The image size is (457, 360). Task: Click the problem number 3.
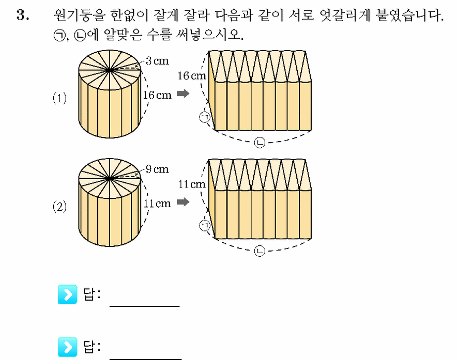23,15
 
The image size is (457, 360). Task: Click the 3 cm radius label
157,60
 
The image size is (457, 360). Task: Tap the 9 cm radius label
157,169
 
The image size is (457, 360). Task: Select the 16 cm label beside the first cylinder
157,95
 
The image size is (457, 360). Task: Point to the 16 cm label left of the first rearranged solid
192,76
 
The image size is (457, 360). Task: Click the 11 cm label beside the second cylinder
157,204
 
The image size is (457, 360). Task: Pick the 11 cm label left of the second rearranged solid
192,184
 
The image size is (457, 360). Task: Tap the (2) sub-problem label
59,206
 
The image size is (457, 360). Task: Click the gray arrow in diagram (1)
183,93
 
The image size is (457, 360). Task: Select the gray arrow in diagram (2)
183,202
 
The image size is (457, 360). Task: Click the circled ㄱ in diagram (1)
205,117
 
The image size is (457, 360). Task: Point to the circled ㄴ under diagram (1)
260,143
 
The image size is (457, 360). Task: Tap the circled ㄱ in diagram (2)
205,225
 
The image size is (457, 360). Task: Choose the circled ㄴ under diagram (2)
260,251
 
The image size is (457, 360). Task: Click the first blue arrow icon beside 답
68,294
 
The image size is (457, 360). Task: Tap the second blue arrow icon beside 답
68,347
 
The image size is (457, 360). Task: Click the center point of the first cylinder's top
110,70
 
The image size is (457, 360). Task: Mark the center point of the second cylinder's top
110,178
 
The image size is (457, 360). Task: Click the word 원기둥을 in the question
79,15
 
